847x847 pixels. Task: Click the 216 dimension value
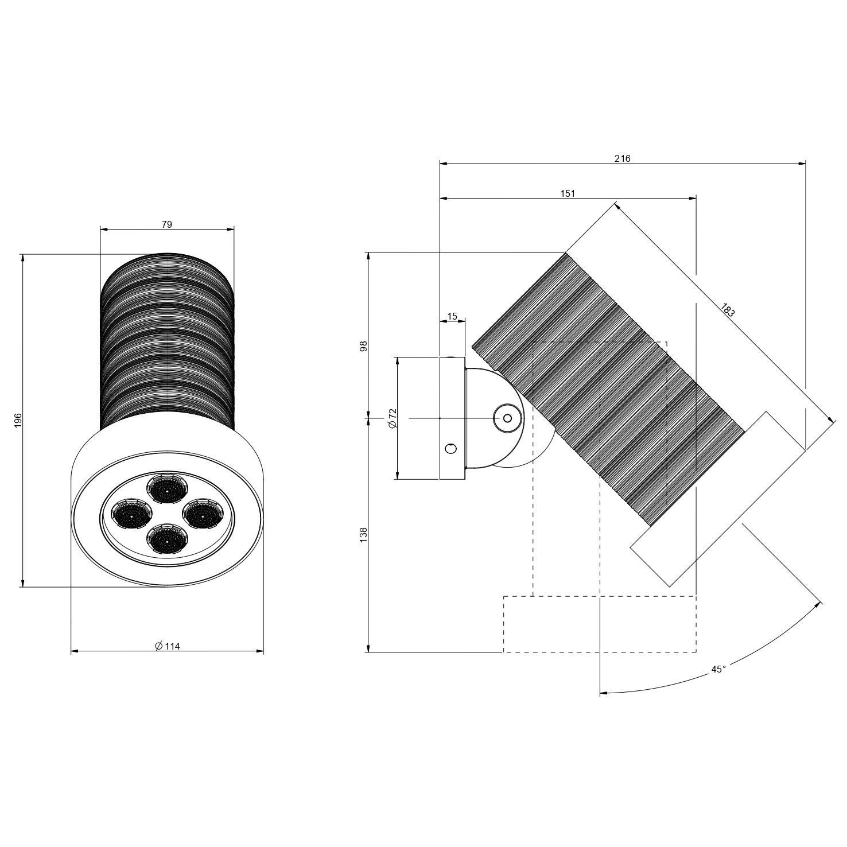coord(622,158)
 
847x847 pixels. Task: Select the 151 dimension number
coord(567,193)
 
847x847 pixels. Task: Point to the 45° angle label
coord(718,669)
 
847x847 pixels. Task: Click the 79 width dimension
coord(166,224)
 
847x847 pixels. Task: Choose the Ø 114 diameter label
coord(167,646)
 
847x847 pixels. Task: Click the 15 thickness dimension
coord(452,316)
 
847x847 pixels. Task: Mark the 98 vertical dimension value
coord(363,346)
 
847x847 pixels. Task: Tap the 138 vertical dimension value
coord(363,535)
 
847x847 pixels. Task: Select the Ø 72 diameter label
coord(393,418)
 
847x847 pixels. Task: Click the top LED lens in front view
coord(167,489)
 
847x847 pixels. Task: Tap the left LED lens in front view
coord(131,514)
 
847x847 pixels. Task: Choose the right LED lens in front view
coord(203,514)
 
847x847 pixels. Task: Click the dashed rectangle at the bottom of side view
coord(600,624)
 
